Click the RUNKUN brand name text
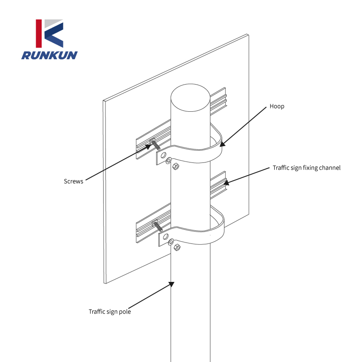pos(49,55)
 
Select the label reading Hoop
pos(277,106)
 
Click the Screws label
pos(73,181)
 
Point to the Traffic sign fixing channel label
pos(306,167)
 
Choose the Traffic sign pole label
pos(110,311)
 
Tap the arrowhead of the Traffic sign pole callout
pos(171,284)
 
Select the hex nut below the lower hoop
pos(177,248)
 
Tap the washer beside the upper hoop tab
pos(168,161)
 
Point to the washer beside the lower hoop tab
pos(171,243)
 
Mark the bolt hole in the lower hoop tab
pos(165,237)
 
